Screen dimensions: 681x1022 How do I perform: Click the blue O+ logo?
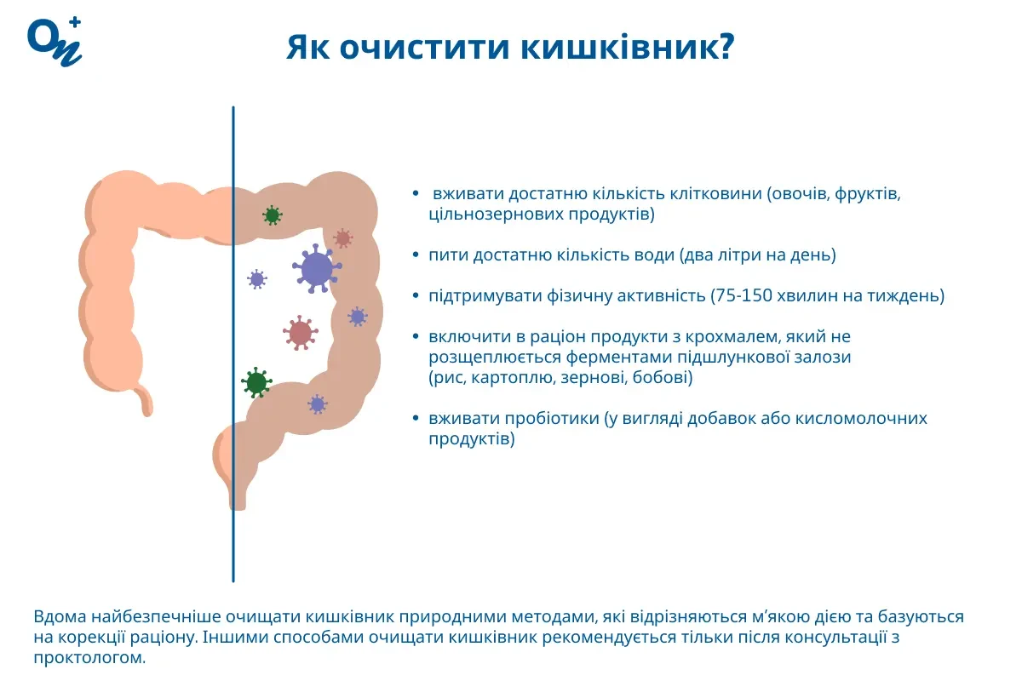[x=55, y=40]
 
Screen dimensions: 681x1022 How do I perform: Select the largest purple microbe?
[x=317, y=269]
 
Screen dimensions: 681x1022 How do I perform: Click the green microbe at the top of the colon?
[x=273, y=215]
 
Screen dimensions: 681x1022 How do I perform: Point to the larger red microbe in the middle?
[x=300, y=333]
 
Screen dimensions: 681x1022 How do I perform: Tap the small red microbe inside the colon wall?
[x=343, y=238]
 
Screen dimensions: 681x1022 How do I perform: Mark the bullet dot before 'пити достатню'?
[x=416, y=255]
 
